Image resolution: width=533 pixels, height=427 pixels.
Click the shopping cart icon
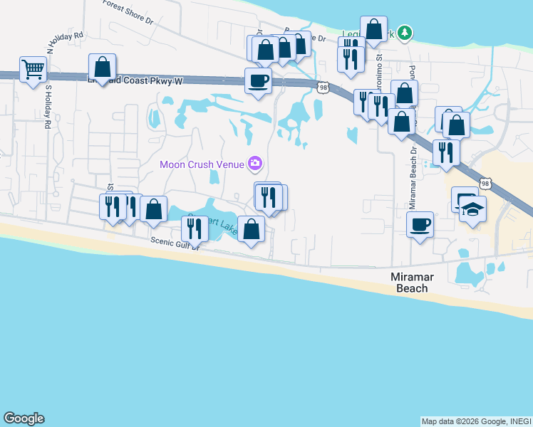[33, 70]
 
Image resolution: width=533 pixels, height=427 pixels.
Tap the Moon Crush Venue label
[202, 164]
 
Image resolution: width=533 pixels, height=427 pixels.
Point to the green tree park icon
[405, 33]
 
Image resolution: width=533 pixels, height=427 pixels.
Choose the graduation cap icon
[472, 209]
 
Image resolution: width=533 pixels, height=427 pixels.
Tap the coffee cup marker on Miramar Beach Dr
[420, 225]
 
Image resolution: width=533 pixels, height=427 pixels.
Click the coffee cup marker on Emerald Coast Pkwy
[257, 80]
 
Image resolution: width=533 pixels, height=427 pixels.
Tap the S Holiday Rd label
[48, 107]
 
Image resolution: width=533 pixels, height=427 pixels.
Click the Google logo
[24, 418]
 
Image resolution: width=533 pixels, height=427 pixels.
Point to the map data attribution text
[476, 421]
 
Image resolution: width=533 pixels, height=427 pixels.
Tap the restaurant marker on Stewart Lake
[193, 228]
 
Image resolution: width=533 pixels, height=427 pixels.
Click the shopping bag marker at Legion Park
[373, 29]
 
